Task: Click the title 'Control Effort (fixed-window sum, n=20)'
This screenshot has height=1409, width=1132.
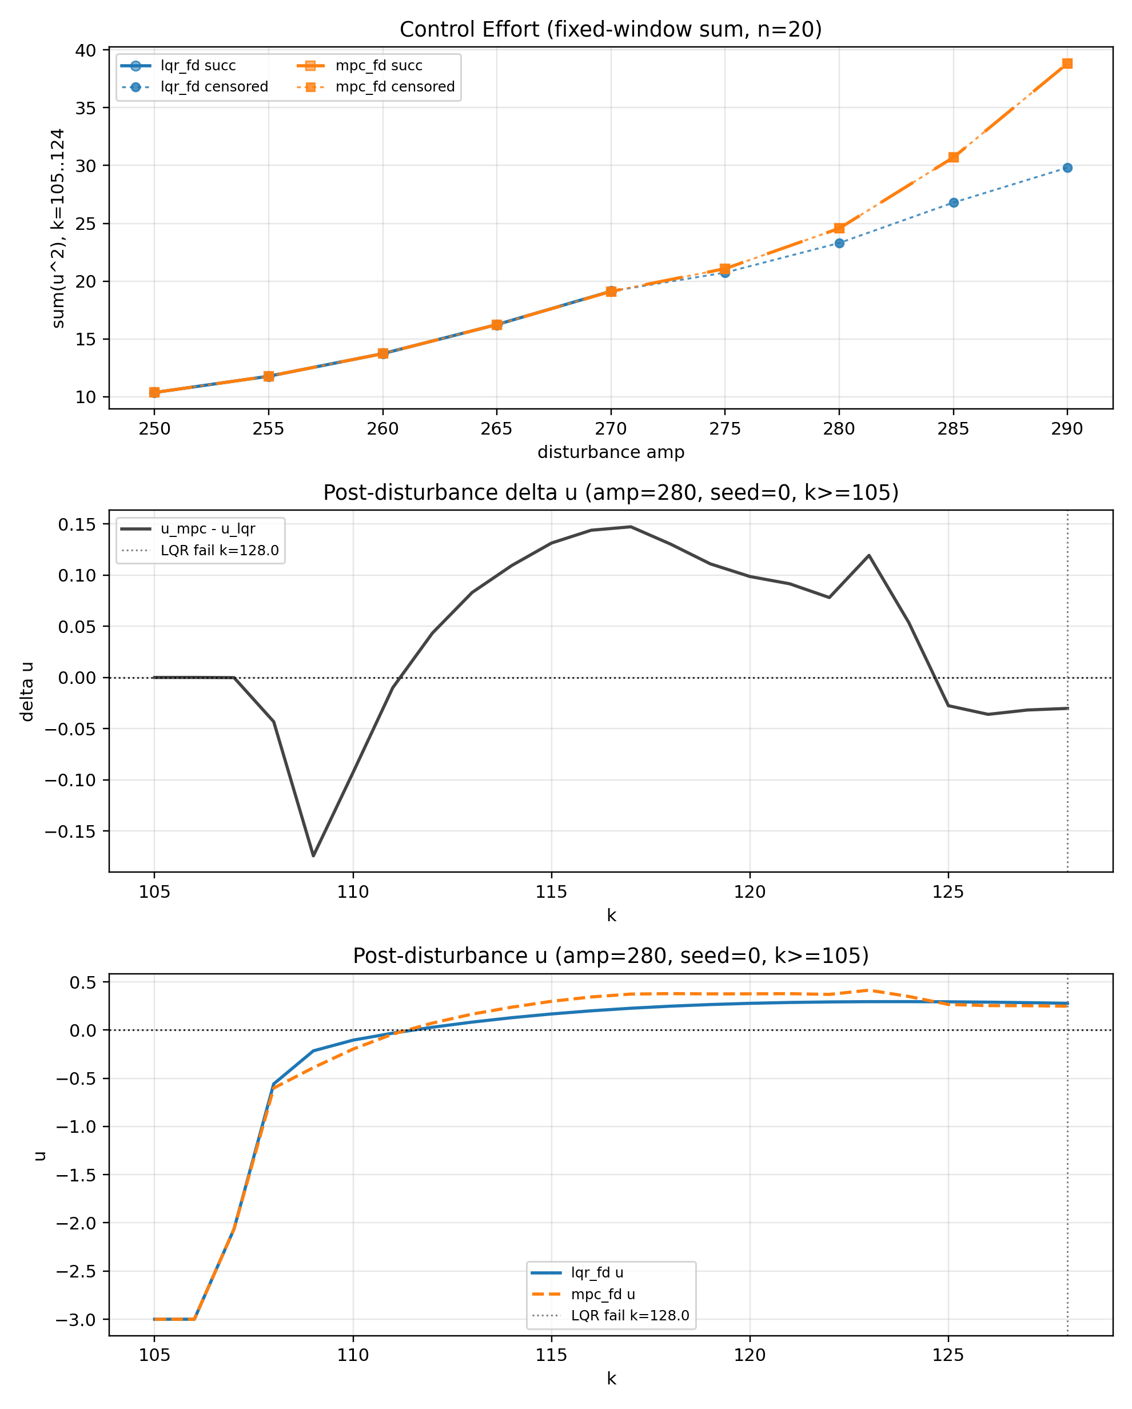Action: (611, 29)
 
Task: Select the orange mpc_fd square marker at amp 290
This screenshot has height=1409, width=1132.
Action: (1067, 63)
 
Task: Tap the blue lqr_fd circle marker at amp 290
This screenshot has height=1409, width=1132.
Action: (1067, 168)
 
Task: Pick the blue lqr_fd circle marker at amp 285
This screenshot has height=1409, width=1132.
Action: (954, 202)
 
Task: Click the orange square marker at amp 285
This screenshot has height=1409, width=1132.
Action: (954, 157)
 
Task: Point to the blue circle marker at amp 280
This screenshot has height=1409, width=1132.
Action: (839, 243)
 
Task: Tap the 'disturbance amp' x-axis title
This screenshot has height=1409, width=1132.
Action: (611, 452)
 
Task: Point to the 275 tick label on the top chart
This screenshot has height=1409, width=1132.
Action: (725, 429)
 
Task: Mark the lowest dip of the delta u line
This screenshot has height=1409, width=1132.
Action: (314, 855)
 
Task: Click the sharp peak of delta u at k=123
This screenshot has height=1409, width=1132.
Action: (868, 555)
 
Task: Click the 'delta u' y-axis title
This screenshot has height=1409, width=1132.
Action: (27, 691)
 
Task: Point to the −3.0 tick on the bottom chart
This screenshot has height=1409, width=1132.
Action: (74, 1319)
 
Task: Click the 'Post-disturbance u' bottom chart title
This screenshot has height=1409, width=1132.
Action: (611, 956)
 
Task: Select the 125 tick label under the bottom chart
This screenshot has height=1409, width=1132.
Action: (948, 1355)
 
